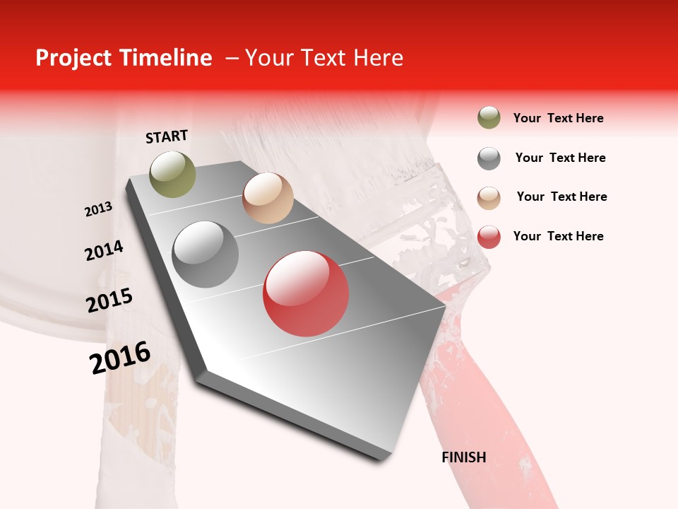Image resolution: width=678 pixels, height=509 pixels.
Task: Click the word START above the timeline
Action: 167,136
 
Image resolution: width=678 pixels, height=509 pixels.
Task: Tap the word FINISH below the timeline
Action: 464,457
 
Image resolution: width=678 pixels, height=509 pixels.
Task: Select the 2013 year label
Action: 98,209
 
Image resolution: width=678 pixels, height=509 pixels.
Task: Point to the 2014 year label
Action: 104,250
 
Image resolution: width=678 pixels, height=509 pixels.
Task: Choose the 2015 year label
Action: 109,300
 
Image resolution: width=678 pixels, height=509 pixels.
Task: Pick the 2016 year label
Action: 120,357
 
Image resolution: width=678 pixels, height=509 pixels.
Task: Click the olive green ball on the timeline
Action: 172,174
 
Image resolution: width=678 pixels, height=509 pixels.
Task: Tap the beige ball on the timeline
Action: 268,198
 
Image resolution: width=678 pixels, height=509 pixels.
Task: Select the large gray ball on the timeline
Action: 206,255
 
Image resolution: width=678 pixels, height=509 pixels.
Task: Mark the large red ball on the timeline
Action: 306,293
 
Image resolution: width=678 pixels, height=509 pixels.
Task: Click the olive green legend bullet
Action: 489,118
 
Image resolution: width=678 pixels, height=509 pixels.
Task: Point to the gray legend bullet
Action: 489,158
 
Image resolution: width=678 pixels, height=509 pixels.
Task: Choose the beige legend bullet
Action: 489,197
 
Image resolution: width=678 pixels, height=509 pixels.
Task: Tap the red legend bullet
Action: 489,237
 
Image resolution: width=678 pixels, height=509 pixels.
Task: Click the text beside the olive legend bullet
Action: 558,118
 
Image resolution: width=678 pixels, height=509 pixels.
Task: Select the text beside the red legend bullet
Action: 558,236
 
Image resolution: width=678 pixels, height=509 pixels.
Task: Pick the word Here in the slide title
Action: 378,58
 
